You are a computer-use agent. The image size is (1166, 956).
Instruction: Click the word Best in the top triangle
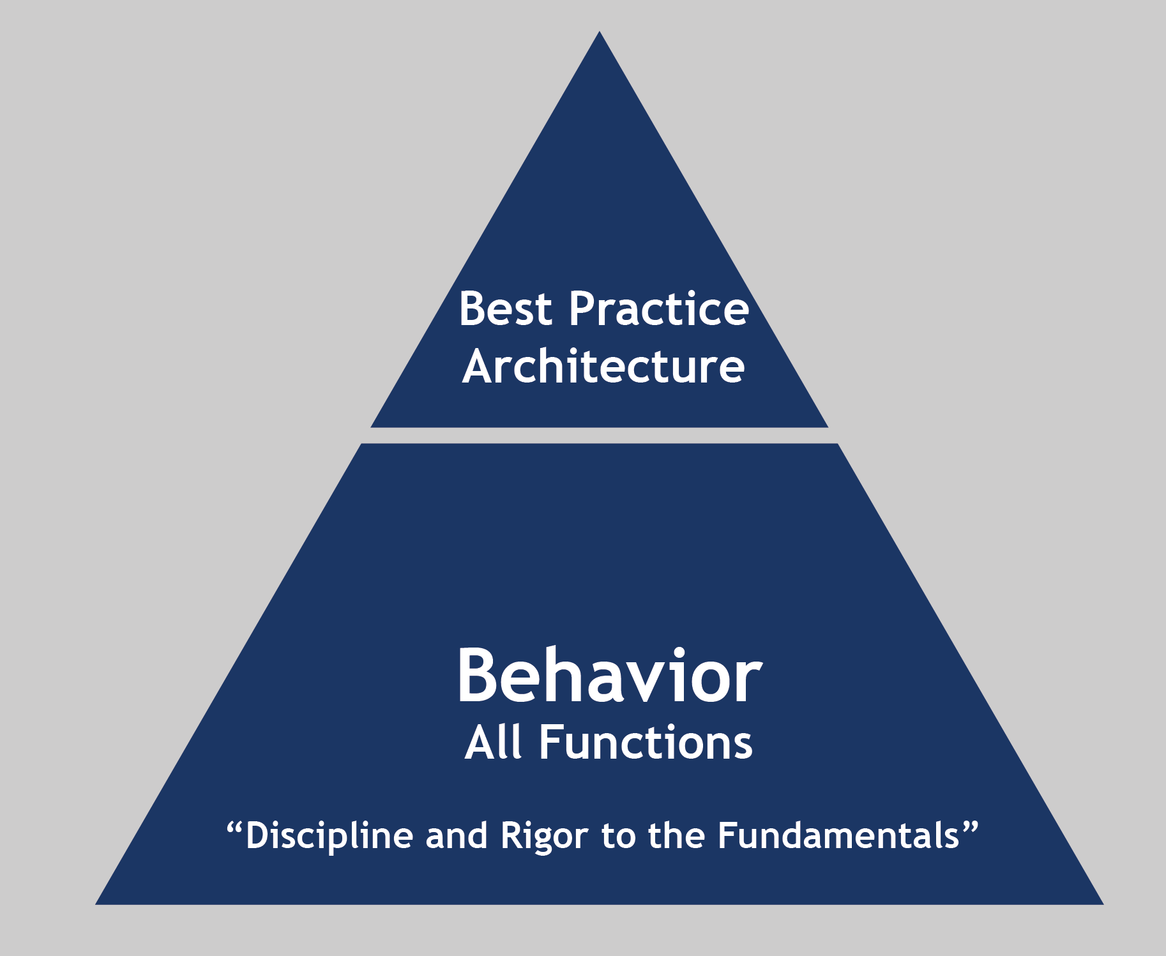point(505,309)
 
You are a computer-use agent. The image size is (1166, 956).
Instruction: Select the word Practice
point(658,309)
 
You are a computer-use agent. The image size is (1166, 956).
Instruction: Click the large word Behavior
point(609,676)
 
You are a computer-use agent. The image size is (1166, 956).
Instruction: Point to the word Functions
point(646,743)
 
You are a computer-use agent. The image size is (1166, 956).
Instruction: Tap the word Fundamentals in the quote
point(838,835)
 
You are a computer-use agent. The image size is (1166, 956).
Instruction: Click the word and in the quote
point(457,836)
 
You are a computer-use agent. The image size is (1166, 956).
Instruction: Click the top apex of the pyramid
point(600,31)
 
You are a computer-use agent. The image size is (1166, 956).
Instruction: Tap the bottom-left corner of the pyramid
point(96,904)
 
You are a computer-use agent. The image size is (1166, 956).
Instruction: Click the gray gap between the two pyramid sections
point(600,436)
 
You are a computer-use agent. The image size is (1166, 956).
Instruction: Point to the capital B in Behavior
point(478,676)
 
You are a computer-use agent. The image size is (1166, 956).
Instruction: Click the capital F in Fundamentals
point(727,836)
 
